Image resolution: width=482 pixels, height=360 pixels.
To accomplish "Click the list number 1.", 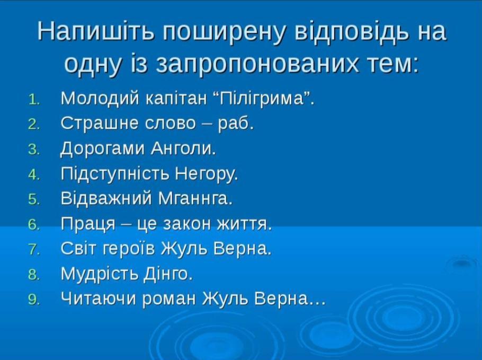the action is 34,100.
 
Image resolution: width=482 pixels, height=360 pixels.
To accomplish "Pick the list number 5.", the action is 34,200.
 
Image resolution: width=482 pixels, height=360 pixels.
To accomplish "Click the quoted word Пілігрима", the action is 261,99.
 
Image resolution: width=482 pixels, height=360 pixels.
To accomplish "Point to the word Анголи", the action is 183,149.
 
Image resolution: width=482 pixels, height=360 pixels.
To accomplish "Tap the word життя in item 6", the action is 244,224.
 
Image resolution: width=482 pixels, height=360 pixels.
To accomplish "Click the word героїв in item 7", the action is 129,249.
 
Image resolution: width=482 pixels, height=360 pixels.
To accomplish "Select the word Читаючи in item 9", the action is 98,298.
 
